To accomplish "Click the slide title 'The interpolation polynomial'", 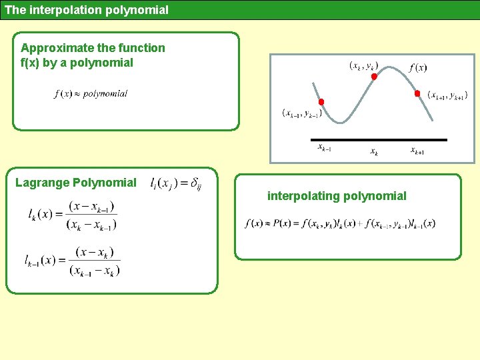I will [87, 10].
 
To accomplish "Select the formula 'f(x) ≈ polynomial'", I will [91, 94].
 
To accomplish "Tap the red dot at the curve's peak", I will [374, 77].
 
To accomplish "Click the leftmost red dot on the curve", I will [321, 102].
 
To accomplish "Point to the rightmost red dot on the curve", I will [417, 93].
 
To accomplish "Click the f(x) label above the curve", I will [418, 67].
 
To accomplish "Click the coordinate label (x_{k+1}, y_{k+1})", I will [447, 95].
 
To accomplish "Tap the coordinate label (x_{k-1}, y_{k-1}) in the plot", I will [301, 113].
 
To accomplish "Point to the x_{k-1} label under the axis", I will [324, 148].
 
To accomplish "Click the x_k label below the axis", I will [374, 152].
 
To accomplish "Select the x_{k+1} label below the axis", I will [417, 151].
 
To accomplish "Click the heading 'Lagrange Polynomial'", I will [76, 183].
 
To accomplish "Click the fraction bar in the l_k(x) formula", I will [92, 215].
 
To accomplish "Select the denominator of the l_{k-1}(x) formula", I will [94, 271].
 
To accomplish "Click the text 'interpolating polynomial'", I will [337, 196].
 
